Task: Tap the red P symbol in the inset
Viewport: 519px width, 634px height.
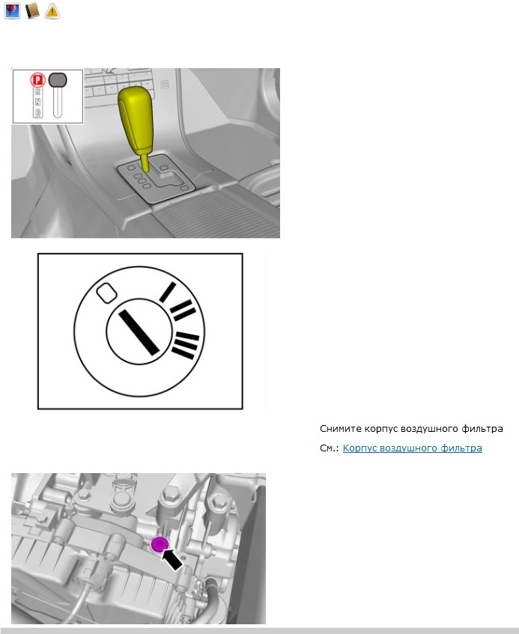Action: coord(36,79)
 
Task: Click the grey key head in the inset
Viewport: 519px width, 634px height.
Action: coord(58,80)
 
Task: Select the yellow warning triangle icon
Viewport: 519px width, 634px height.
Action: coord(52,11)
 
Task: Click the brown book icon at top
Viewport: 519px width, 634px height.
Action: coord(32,11)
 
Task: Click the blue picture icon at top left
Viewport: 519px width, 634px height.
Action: coord(12,11)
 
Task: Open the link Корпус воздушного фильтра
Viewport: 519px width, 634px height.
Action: coord(412,448)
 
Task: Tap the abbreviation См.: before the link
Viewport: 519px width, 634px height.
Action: coord(330,448)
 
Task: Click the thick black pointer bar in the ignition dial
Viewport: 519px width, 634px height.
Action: coord(137,330)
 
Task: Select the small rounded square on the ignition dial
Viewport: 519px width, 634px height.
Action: coord(106,290)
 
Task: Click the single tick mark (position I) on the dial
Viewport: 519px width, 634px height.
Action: coord(167,292)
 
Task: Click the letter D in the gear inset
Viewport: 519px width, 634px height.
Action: coord(37,113)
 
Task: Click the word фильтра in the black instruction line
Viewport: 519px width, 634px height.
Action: coord(483,429)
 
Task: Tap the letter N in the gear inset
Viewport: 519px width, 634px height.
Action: coord(37,102)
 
